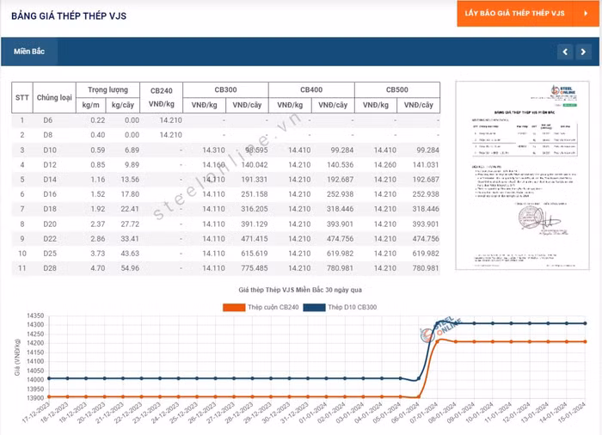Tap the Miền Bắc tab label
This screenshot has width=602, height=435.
pos(28,52)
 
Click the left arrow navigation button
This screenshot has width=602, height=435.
pos(564,52)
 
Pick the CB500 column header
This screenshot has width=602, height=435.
pos(396,89)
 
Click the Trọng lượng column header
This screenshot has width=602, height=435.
pos(107,89)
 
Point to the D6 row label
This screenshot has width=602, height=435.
pos(48,119)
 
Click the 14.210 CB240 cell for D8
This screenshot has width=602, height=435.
pos(170,135)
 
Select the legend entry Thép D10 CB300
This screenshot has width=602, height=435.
pos(352,307)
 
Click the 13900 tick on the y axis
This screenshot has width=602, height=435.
pos(34,397)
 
